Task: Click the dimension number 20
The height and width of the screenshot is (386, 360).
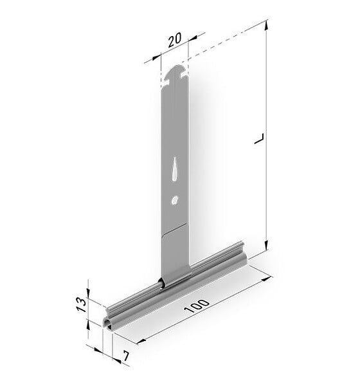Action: click(175, 39)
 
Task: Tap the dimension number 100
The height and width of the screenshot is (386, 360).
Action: click(197, 306)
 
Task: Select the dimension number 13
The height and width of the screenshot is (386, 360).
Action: click(82, 304)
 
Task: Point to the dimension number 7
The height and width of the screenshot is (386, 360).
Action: click(126, 356)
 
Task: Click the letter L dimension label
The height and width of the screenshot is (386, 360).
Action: click(259, 139)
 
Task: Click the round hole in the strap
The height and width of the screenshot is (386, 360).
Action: click(174, 200)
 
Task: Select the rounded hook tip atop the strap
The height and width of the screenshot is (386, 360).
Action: click(175, 70)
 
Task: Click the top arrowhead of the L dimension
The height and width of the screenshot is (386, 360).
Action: click(265, 25)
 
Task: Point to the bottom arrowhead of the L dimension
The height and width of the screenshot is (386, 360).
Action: click(266, 245)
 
